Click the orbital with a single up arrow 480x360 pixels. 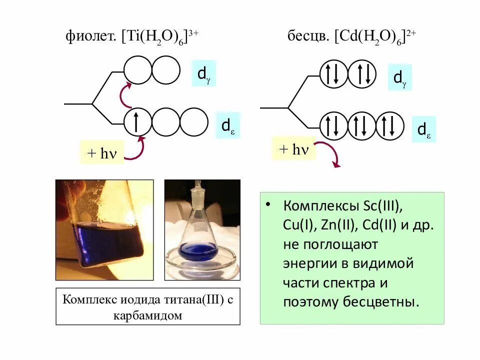(137, 122)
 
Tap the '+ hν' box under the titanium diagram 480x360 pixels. (101, 152)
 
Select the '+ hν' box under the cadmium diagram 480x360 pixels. (293, 148)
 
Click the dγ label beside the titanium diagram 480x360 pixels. (203, 73)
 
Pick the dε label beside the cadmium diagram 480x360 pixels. (423, 129)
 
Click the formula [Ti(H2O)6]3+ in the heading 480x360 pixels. (160, 36)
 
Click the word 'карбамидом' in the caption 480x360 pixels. (147, 315)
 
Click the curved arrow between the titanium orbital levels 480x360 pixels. (124, 94)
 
